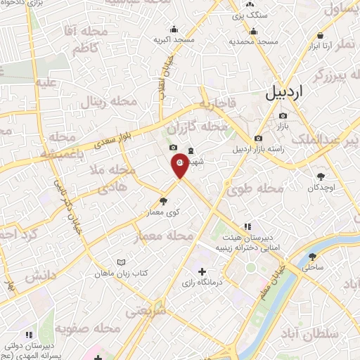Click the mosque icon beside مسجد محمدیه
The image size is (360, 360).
pyautogui.click(x=253, y=31)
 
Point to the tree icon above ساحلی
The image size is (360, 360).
pyautogui.click(x=312, y=257)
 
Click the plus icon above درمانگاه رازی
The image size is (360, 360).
pyautogui.click(x=202, y=271)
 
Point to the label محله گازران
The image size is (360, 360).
pyautogui.click(x=205, y=127)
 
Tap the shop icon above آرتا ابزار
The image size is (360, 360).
pyautogui.click(x=321, y=35)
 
